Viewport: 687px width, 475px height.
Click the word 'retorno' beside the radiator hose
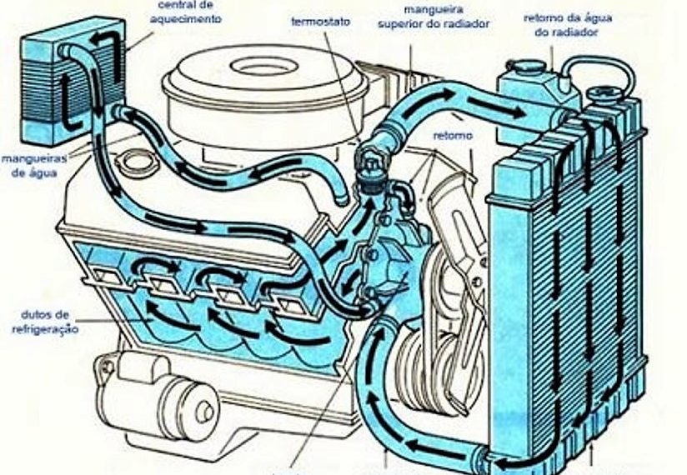[x=453, y=135]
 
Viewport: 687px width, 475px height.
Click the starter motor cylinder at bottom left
[x=167, y=400]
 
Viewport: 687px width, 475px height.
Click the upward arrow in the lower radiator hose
[x=375, y=350]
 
